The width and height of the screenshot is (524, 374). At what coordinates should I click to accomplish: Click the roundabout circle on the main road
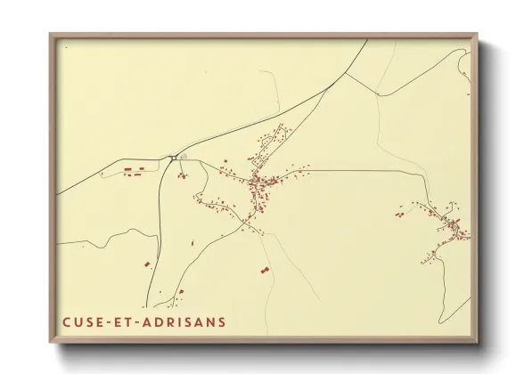coord(171,159)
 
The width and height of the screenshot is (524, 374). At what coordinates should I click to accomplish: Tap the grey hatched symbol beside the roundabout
coord(183,157)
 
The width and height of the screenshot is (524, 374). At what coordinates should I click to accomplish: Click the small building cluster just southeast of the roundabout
coord(182,175)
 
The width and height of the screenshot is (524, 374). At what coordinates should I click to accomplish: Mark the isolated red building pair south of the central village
coord(263,267)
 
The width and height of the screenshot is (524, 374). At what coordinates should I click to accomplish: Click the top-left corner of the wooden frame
coord(51,36)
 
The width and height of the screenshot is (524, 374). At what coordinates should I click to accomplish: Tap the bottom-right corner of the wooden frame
coord(478,343)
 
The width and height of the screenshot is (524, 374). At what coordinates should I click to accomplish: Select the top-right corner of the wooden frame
coord(478,36)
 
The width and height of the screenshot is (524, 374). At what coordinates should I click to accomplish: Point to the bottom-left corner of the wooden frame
coord(51,343)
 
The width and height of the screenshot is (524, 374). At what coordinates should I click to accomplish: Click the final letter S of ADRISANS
coord(222,321)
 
